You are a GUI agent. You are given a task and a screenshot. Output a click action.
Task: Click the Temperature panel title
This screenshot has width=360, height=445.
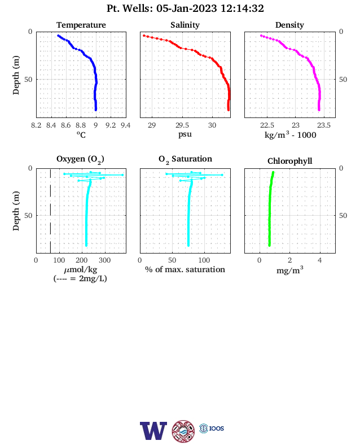(81, 25)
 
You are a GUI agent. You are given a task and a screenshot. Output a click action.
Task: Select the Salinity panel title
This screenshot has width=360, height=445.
(185, 25)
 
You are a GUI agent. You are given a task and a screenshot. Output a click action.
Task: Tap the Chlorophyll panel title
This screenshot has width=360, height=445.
(289, 161)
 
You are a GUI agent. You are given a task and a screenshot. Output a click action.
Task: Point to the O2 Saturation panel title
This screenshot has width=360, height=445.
(185, 159)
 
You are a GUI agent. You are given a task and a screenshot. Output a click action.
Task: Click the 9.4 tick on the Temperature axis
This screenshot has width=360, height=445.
(126, 125)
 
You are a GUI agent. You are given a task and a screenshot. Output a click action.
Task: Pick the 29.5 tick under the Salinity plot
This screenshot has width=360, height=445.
(182, 125)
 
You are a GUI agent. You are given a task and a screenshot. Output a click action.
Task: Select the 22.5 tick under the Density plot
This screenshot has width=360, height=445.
(267, 125)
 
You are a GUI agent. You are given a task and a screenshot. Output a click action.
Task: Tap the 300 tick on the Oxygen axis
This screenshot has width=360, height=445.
(104, 260)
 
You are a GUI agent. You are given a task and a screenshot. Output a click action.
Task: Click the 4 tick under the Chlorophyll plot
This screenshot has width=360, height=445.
(320, 260)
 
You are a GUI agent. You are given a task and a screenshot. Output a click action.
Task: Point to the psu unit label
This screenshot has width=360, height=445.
(185, 134)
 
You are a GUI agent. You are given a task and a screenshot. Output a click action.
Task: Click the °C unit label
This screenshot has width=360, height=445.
(81, 134)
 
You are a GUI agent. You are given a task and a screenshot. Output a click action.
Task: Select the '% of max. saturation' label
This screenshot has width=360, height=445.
(185, 269)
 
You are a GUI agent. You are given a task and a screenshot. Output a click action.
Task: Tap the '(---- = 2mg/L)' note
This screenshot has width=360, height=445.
(80, 278)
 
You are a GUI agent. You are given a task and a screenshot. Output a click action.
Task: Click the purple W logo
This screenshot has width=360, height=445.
(153, 431)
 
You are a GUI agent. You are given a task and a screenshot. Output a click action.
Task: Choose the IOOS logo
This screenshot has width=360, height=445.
(212, 428)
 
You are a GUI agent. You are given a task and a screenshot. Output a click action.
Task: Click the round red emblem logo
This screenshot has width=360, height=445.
(183, 431)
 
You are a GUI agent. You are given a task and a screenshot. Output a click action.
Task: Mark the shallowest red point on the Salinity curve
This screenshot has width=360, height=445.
(144, 36)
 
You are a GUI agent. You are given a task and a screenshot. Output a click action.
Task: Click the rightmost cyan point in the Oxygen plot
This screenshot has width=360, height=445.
(122, 175)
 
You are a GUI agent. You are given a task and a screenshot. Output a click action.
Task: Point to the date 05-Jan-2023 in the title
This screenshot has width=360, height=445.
(187, 8)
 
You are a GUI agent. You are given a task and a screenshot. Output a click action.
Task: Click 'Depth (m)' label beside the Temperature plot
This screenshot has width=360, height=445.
(16, 75)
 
